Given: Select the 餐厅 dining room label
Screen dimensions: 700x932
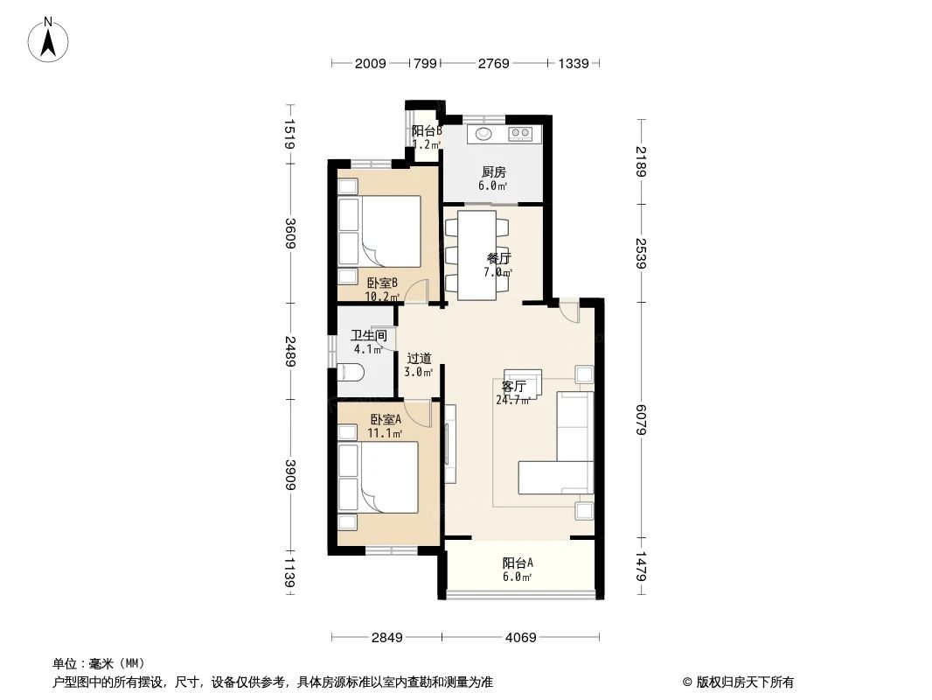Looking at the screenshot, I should (498, 258).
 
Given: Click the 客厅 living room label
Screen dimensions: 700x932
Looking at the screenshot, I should (513, 387).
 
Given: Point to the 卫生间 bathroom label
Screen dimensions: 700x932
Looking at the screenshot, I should (367, 335).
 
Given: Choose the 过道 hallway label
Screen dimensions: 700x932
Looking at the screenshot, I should (419, 358).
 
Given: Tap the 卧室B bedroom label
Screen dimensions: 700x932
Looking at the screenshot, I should (382, 283).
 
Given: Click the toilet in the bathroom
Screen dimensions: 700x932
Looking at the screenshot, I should (351, 374).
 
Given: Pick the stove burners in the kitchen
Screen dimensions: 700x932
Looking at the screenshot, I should (521, 134).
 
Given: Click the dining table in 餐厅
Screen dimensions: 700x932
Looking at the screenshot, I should (476, 249).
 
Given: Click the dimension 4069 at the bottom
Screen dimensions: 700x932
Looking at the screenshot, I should (519, 638).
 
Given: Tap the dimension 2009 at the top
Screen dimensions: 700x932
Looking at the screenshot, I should (371, 63).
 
